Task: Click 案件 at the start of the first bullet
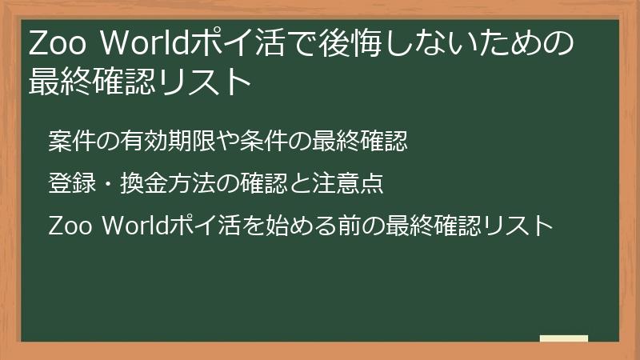65,142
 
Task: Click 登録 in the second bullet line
65,185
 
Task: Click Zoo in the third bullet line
68,226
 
